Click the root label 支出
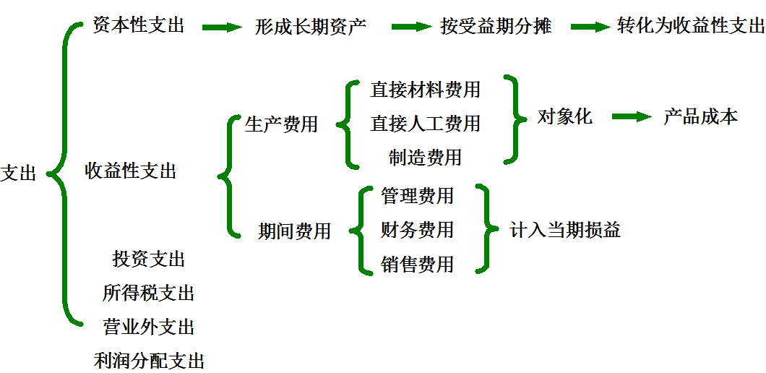(x=18, y=173)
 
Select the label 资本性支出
(x=139, y=26)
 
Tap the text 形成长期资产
(x=311, y=27)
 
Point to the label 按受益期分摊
(x=496, y=27)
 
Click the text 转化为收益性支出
(x=691, y=27)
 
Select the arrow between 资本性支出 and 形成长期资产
(x=222, y=27)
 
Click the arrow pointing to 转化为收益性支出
(x=590, y=27)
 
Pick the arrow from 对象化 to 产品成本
(x=632, y=117)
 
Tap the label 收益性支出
(x=131, y=171)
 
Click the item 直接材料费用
(x=425, y=90)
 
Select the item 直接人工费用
(x=425, y=124)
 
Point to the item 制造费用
(x=425, y=157)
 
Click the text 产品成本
(x=700, y=117)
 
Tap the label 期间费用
(x=294, y=231)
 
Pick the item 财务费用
(x=417, y=230)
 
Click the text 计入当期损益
(x=565, y=230)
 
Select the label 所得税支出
(x=148, y=293)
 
